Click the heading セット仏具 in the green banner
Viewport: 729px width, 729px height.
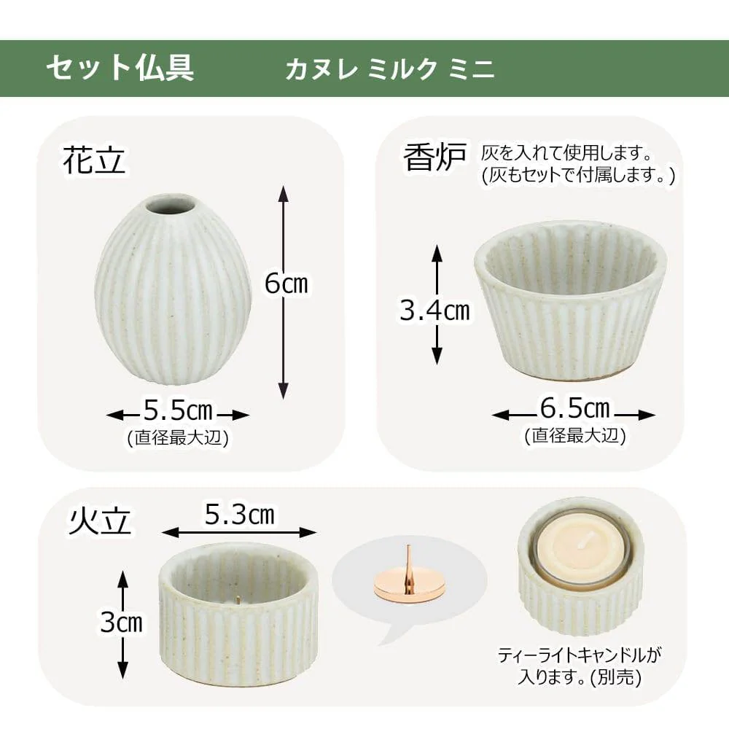point(120,69)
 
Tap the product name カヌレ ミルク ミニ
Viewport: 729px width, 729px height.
point(390,69)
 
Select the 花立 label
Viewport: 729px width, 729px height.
point(94,160)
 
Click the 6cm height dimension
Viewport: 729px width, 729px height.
point(286,284)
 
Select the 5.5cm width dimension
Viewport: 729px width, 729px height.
point(178,412)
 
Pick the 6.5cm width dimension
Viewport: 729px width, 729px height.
point(574,409)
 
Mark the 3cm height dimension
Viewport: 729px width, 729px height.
point(122,622)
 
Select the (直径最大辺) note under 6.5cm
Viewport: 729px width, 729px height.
point(574,435)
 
